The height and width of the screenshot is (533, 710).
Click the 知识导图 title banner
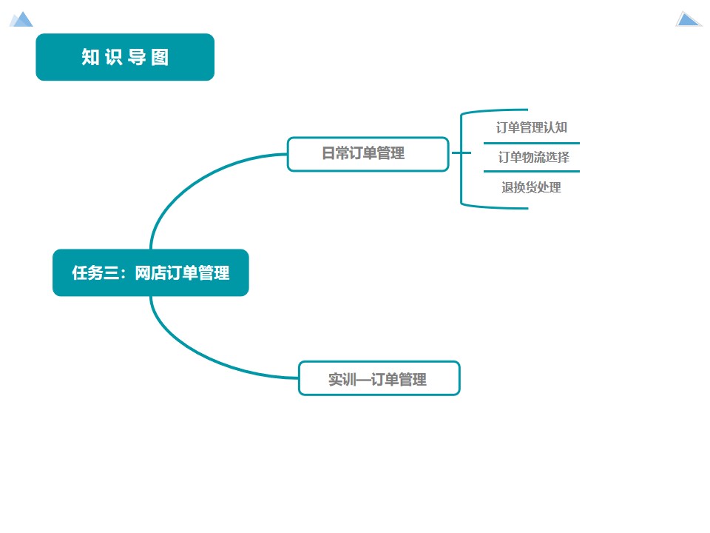tap(125, 57)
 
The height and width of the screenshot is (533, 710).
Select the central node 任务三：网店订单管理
tap(150, 272)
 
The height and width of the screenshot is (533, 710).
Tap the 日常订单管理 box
tap(368, 154)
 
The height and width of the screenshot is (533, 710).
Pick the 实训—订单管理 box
tap(379, 378)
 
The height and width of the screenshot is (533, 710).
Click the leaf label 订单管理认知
tap(531, 127)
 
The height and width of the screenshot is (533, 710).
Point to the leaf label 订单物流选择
tap(532, 157)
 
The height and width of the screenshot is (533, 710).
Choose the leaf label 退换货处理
tap(531, 187)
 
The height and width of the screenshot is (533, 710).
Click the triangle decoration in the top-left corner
tap(21, 19)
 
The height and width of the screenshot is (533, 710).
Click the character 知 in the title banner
tap(91, 58)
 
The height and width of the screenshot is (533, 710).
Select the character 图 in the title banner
tap(160, 58)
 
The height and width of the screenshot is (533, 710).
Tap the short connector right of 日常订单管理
tap(460, 153)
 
